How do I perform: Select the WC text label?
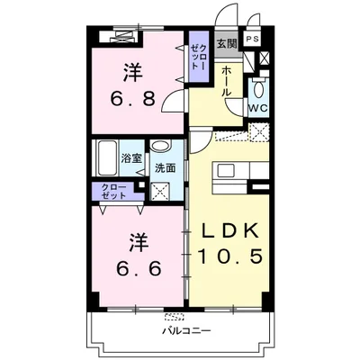[257, 109]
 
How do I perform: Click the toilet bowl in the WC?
[257, 90]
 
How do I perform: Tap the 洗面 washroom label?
[165, 167]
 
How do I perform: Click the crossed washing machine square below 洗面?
[163, 191]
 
